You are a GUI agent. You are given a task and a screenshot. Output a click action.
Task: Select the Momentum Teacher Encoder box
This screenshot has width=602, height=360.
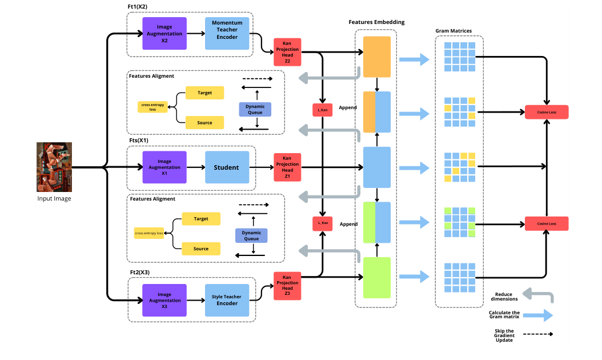coord(227,33)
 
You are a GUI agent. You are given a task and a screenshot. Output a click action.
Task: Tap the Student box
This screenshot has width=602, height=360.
coord(227,167)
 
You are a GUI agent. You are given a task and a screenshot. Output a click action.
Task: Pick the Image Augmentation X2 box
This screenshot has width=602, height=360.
coord(164,33)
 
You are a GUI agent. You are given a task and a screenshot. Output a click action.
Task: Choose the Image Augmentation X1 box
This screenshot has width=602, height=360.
coord(164,167)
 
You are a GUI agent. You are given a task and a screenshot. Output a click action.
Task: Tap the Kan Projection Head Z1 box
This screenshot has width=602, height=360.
coord(287,167)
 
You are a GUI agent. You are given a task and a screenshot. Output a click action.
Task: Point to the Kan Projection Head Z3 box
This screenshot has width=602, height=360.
coord(287,286)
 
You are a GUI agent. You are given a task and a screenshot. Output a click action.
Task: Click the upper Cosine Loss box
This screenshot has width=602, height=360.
coord(547,113)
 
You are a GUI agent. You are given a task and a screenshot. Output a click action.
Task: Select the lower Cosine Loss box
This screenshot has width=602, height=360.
coord(547,223)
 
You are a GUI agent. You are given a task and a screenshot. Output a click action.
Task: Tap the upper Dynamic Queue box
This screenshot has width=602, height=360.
coord(255,109)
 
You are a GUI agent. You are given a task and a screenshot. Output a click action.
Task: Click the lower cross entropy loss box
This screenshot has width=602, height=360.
coord(149,233)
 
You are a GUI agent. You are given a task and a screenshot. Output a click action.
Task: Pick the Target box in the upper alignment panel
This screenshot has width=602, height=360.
coord(204,93)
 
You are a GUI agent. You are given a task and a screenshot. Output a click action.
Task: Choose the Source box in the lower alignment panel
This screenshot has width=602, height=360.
coord(200,249)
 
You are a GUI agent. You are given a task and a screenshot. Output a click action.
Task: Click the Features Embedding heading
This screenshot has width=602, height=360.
coord(376,22)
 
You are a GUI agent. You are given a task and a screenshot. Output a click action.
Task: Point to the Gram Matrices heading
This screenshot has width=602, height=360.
coord(453,31)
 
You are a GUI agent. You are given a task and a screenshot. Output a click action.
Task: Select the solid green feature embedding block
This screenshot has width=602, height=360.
coord(376,277)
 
